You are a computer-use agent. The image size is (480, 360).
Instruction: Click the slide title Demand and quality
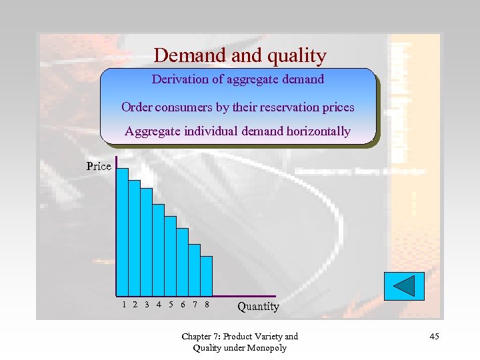(239, 55)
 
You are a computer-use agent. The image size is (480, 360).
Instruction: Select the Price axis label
(99, 166)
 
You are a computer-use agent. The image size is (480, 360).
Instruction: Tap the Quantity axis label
(258, 306)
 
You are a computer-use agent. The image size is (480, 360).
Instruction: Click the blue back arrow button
(403, 286)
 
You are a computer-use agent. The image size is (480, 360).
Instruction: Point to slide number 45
(434, 336)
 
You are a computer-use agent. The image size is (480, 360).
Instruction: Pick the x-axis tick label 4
(159, 305)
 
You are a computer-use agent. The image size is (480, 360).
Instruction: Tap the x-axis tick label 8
(207, 305)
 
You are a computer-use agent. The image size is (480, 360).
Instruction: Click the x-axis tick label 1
(124, 305)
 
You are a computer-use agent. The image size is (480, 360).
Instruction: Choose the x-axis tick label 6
(183, 305)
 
